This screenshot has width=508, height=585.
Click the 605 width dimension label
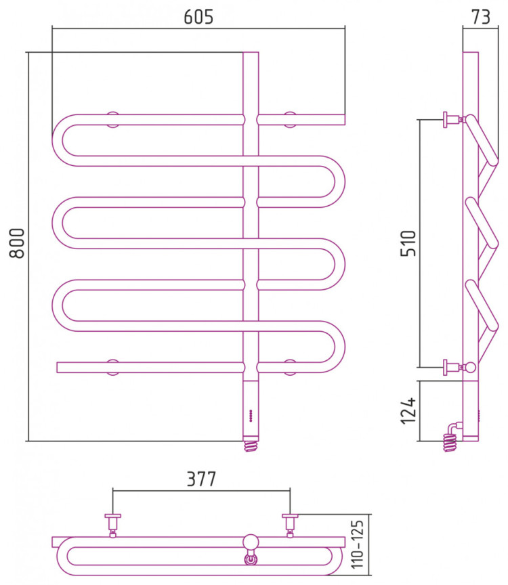coord(198,17)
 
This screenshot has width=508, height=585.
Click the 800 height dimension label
coord(17,243)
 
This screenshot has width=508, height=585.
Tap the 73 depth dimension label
coord(480,17)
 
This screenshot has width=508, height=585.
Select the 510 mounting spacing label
coord(408,243)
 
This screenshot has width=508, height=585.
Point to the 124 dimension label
coord(408,410)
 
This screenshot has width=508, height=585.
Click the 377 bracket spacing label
coord(201,479)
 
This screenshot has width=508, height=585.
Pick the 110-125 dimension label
coord(357,544)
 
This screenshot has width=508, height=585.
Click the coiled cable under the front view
coord(251,446)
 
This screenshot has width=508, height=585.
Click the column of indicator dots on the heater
coord(251,416)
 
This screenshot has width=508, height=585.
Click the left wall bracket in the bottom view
coord(112,525)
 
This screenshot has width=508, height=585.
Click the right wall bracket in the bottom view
coord(290,525)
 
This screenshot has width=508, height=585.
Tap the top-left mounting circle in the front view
coord(112,119)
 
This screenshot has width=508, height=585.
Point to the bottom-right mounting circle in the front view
coord(290,367)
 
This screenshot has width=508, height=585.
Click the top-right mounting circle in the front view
coord(290,119)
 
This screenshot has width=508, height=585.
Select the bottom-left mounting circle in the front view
coord(112,367)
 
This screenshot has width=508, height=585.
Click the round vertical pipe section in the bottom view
coord(251,542)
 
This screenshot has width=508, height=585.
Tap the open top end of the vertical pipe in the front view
coord(251,53)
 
